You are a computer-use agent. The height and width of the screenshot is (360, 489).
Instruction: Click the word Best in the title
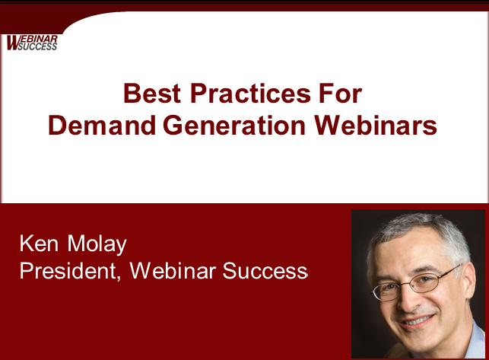(x=152, y=93)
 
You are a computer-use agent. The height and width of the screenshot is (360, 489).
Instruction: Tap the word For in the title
(x=340, y=93)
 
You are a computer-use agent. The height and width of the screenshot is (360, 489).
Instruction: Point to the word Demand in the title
(x=102, y=125)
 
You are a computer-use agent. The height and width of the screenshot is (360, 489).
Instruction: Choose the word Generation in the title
(x=234, y=125)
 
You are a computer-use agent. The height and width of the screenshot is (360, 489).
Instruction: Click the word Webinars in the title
(x=375, y=125)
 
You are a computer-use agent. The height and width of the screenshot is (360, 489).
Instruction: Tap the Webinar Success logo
(x=32, y=43)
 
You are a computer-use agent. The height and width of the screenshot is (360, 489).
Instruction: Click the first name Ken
(x=39, y=244)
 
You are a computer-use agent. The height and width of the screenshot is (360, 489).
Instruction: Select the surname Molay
(x=97, y=244)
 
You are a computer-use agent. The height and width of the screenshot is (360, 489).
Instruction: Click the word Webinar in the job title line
(x=173, y=270)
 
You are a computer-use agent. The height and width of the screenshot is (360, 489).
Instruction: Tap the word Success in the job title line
(x=265, y=271)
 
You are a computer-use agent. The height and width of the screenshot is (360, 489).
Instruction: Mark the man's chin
(x=423, y=342)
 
